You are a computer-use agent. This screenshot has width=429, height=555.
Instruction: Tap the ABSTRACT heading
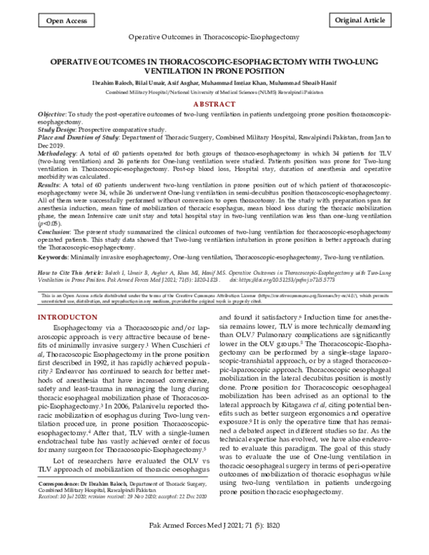point(214,104)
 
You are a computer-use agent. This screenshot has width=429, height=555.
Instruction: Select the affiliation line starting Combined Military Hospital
point(214,93)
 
